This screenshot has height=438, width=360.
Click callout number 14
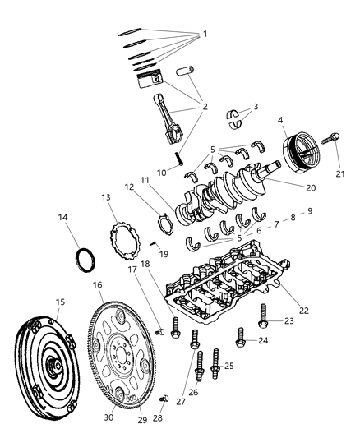pos(64,218)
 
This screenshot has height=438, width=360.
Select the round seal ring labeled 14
pos(85,260)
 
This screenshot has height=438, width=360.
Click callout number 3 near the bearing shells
pos(255,107)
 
